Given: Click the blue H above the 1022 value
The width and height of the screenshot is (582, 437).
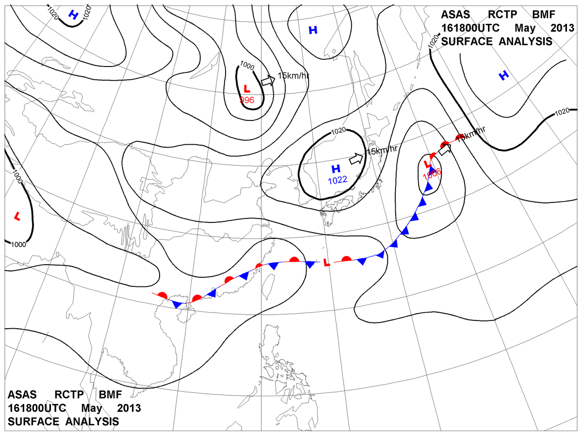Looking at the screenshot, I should (x=335, y=169).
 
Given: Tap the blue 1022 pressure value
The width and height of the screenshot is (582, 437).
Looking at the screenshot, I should (x=338, y=180).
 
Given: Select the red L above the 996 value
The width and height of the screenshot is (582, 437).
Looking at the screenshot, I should (x=247, y=89).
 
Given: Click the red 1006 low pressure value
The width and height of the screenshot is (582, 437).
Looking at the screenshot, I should (x=432, y=172).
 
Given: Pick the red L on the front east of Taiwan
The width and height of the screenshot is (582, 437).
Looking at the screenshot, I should (x=326, y=263).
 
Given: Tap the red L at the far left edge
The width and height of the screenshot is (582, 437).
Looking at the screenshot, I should (x=17, y=215).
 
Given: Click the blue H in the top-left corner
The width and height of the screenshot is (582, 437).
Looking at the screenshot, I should (x=73, y=15).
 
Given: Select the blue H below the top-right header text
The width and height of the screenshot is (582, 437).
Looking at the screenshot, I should (x=504, y=75).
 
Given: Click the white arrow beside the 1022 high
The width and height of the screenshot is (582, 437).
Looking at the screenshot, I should (x=356, y=158).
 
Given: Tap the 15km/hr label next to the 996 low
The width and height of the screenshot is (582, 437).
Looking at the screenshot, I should (x=293, y=76).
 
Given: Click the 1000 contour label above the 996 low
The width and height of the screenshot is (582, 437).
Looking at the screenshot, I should (x=247, y=66).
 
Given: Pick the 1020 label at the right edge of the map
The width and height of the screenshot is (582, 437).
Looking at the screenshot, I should (x=562, y=112).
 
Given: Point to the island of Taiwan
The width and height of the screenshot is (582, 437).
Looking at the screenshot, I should (x=268, y=285).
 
